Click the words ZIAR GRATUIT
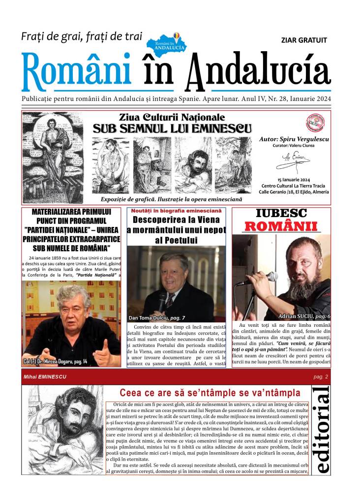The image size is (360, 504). (x=303, y=40)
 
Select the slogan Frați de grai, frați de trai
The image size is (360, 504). (x=81, y=36)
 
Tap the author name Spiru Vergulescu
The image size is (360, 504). (x=294, y=139)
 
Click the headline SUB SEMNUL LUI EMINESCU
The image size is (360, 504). (x=172, y=129)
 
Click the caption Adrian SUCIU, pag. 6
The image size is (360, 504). (x=305, y=315)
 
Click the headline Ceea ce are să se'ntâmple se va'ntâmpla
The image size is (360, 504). (x=210, y=393)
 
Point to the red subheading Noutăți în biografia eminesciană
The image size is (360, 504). (x=176, y=211)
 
